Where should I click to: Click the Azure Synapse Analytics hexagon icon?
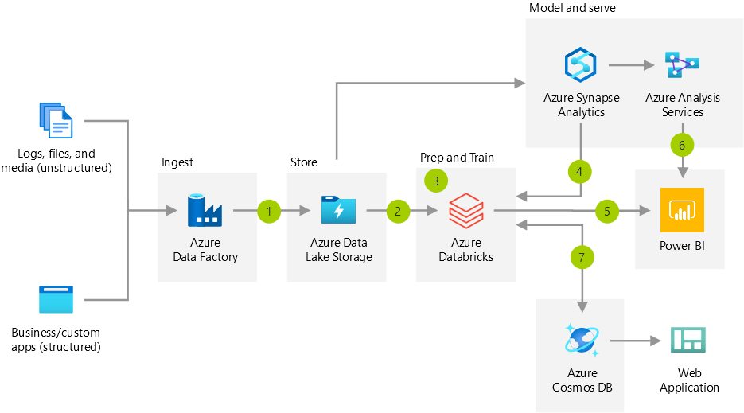581,64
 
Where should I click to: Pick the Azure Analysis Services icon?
682,64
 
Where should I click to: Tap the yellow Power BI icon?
682,209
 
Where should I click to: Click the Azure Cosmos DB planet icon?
581,341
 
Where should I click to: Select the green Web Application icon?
688,341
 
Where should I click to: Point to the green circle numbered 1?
270,211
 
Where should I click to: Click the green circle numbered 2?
398,211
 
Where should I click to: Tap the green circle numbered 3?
436,181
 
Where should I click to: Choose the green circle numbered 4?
580,170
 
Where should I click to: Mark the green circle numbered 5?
607,211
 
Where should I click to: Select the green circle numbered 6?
682,145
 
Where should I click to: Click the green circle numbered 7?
582,256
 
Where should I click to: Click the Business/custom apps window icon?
56,299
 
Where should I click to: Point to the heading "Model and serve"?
572,8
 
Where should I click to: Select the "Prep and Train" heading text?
457,158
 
